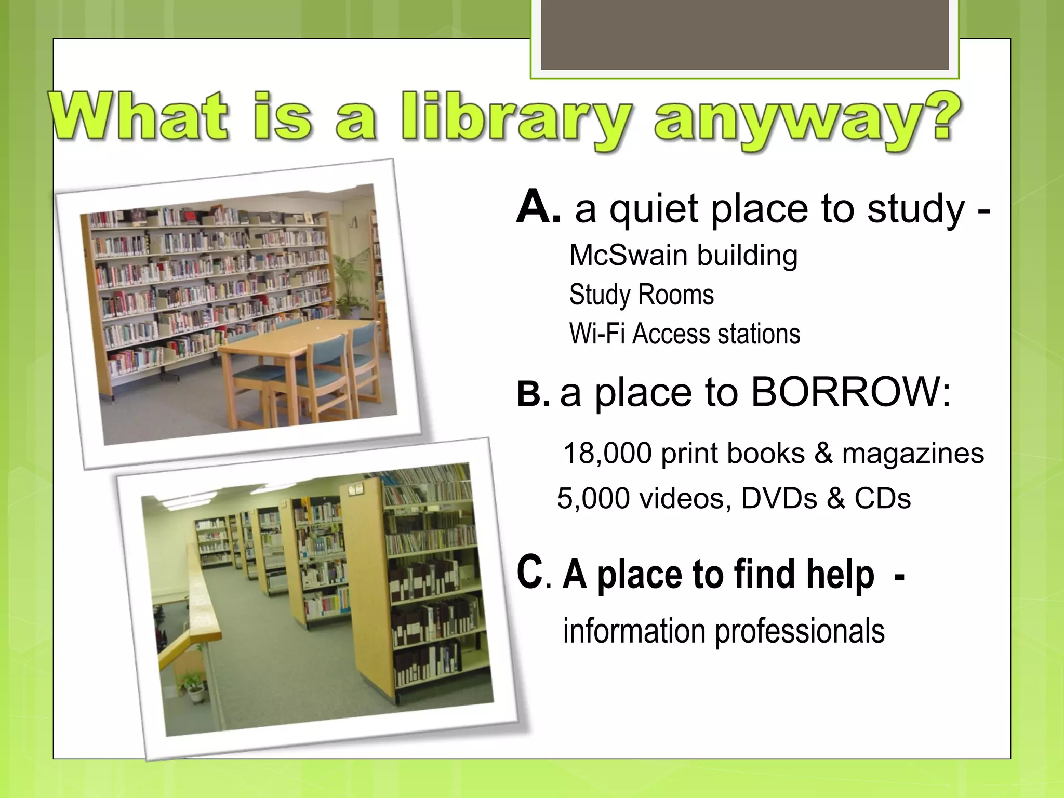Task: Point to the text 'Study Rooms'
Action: [641, 295]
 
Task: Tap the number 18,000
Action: [607, 453]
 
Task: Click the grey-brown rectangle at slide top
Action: [744, 34]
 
